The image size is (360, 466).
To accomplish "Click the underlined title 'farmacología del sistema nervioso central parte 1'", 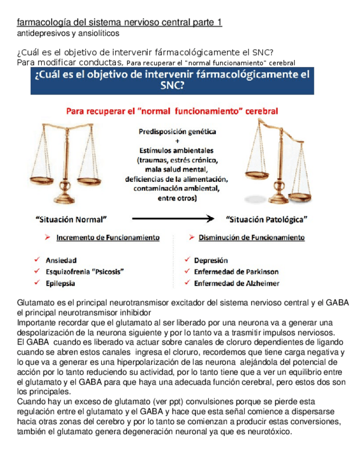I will point(120,23).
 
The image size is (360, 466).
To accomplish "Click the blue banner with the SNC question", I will point(171,81).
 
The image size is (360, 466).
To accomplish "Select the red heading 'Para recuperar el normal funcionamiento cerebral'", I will point(172,111).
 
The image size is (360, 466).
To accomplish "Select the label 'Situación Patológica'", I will point(267,219).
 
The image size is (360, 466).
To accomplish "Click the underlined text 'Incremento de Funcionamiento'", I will point(108,238).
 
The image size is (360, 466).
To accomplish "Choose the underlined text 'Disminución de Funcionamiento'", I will point(251,238).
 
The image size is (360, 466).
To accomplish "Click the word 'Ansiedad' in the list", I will point(61,260).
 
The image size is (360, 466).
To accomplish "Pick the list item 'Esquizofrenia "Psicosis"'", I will point(85,272).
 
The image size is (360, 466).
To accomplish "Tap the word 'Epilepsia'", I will point(60,284).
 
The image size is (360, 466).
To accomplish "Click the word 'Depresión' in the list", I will point(211,260).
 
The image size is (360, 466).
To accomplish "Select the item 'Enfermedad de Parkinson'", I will point(236,272).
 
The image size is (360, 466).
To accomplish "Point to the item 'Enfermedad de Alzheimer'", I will point(236,284).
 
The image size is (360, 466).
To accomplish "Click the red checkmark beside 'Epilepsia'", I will point(36,283).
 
